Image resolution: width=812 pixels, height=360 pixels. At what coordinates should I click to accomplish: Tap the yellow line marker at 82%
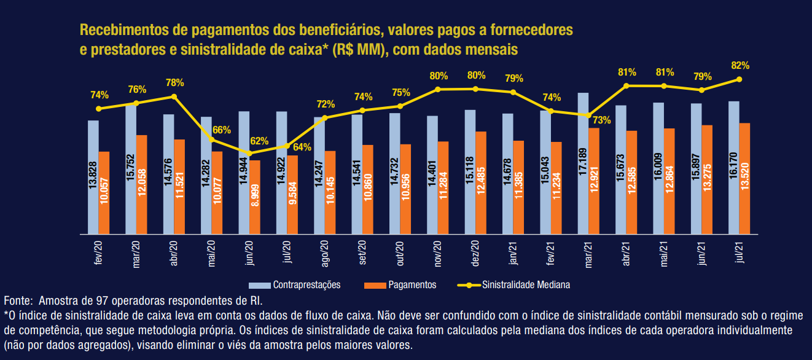(x=739, y=79)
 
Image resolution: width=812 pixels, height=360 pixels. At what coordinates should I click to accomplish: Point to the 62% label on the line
(x=259, y=141)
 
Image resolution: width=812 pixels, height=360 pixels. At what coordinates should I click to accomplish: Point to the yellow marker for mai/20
(x=212, y=140)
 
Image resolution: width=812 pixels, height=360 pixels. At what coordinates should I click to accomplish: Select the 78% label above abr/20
(x=175, y=82)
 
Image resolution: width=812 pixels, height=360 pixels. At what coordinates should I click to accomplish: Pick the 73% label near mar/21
(x=602, y=120)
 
